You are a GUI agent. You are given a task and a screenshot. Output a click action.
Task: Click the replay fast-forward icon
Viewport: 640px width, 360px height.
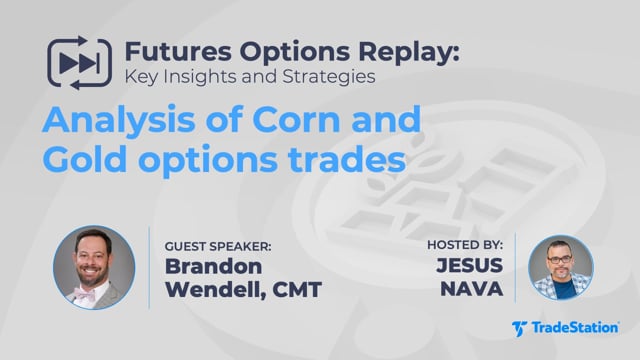click(x=80, y=63)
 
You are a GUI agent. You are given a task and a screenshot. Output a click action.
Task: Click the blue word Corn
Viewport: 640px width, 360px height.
click(x=296, y=119)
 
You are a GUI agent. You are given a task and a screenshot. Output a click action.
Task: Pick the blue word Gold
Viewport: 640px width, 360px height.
click(x=84, y=159)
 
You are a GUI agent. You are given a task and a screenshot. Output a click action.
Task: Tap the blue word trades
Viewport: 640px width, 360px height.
click(x=347, y=160)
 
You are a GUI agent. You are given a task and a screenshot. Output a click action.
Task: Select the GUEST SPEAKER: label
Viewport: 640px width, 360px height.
click(x=218, y=247)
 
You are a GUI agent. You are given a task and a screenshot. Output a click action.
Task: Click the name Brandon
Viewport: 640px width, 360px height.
click(x=213, y=266)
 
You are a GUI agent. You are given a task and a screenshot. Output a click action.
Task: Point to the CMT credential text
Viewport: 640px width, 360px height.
click(x=297, y=290)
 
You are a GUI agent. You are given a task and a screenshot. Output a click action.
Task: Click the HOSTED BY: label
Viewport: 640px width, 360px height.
click(x=465, y=245)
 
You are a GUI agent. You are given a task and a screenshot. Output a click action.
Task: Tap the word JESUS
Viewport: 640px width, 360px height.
click(x=470, y=265)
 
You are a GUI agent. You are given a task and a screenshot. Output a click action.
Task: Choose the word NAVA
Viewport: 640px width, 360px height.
click(x=472, y=289)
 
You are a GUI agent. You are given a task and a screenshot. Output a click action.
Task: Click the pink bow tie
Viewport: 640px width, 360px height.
click(x=85, y=294)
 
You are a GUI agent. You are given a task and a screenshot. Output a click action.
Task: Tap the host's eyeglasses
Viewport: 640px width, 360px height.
click(x=560, y=259)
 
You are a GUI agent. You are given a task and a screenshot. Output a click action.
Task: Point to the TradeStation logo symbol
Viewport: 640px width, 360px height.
click(x=519, y=329)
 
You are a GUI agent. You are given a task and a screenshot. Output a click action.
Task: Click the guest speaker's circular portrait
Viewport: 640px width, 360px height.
click(x=94, y=267)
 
